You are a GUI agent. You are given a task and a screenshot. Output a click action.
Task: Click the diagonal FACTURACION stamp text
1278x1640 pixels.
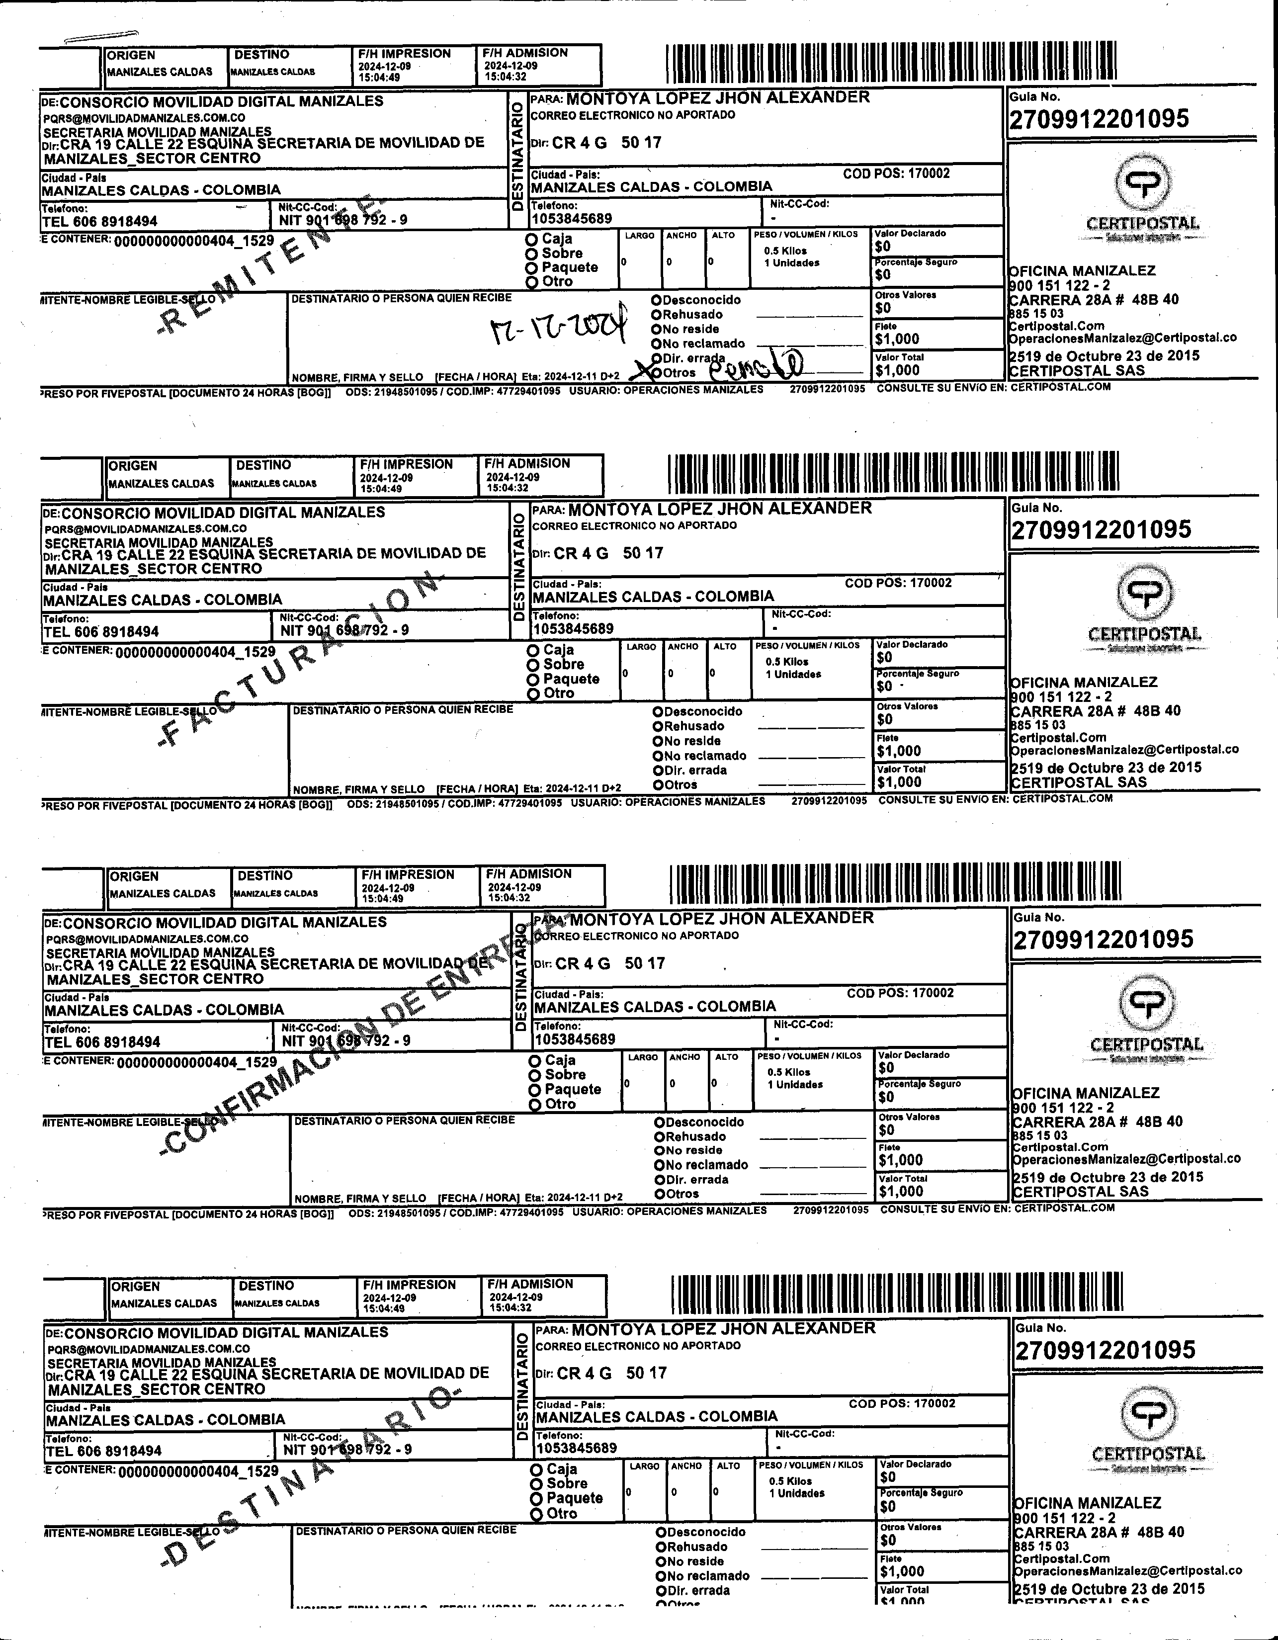pyautogui.click(x=300, y=661)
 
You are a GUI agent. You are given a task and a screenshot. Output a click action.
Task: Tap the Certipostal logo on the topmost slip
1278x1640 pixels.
pyautogui.click(x=1142, y=198)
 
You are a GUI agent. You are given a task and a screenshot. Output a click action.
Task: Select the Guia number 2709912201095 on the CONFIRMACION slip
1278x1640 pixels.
pyautogui.click(x=1103, y=940)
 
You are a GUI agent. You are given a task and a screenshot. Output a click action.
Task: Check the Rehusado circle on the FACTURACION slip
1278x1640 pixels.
pyautogui.click(x=657, y=726)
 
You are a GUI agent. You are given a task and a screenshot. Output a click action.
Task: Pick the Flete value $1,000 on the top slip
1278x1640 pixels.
pyautogui.click(x=897, y=339)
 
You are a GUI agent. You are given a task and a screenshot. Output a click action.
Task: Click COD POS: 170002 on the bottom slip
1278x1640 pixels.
pyautogui.click(x=902, y=1403)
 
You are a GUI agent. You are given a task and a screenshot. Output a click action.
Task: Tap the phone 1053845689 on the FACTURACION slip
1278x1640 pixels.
pyautogui.click(x=573, y=628)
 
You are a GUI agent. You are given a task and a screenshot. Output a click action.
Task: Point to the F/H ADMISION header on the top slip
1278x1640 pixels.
pyautogui.click(x=525, y=53)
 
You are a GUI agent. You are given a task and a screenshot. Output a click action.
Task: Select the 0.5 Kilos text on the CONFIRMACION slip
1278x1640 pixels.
pyautogui.click(x=788, y=1072)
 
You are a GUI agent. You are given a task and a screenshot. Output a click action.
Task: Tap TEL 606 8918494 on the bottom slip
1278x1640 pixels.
pyautogui.click(x=103, y=1451)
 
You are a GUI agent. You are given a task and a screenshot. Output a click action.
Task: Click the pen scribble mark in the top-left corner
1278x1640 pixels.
pyautogui.click(x=101, y=36)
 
